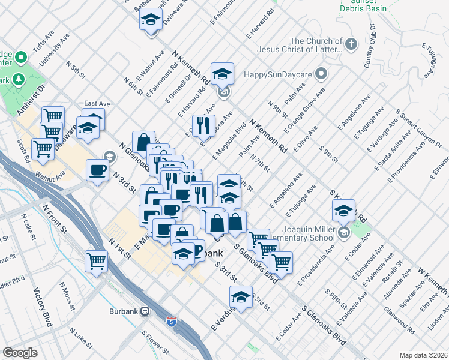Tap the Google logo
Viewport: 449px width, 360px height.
20,353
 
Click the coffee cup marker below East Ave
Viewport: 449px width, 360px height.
98,170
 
